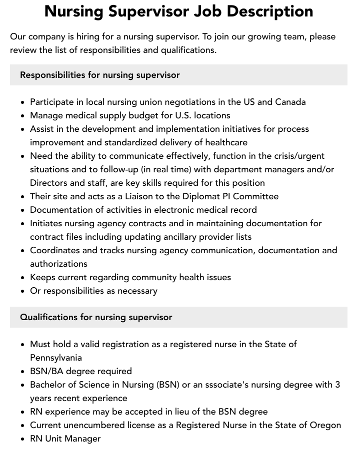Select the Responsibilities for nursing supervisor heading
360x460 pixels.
pos(99,75)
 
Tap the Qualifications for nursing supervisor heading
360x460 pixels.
pos(95,317)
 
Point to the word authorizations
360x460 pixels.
pos(58,264)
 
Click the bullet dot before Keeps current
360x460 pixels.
pos(22,278)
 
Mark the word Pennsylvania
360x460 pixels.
pos(56,358)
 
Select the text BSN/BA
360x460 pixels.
pos(47,371)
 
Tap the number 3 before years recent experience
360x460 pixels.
pos(337,385)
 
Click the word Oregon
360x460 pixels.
pos(324,425)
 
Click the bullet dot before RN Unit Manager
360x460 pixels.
pos(22,439)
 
